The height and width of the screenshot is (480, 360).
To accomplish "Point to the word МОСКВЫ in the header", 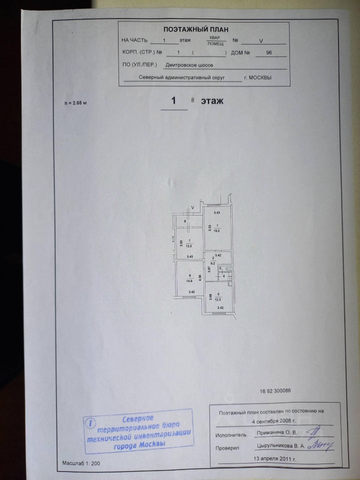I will [261, 78].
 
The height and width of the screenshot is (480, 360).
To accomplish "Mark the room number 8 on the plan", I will [185, 221].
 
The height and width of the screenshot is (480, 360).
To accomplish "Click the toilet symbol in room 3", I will [227, 269].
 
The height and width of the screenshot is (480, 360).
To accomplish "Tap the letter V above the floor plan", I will [192, 207].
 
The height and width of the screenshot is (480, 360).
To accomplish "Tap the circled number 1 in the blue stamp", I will [89, 423].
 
